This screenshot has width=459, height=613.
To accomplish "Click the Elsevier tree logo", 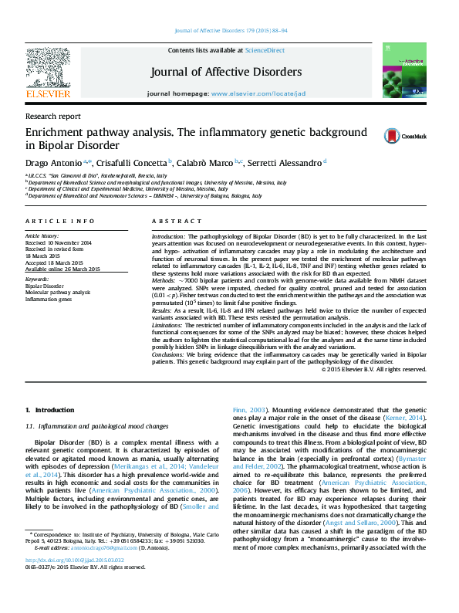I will pyautogui.click(x=48, y=73).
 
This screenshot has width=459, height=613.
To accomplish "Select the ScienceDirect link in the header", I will pyautogui.click(x=265, y=50).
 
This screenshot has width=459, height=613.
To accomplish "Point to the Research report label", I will pyautogui.click(x=52, y=116).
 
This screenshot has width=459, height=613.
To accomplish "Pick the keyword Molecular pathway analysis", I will pyautogui.click(x=58, y=293).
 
